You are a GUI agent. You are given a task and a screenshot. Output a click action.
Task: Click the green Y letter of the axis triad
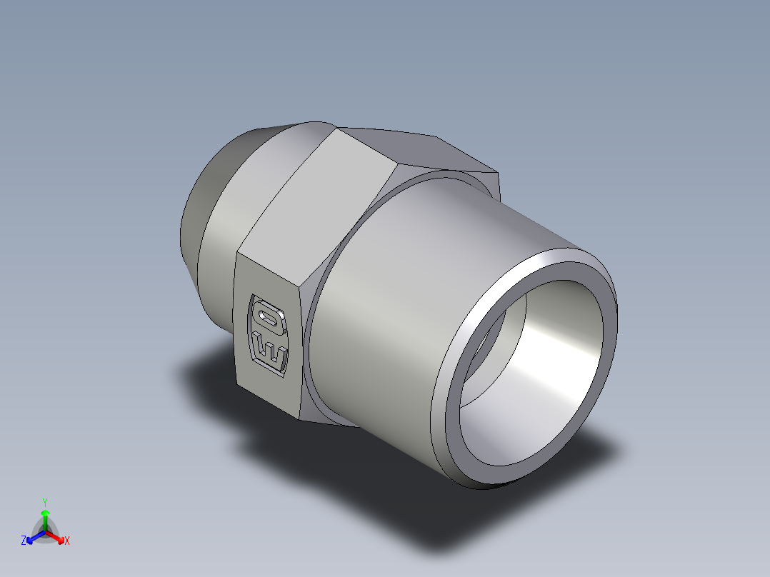coord(44,502)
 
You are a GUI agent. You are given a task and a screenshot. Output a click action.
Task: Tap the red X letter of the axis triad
coord(67,541)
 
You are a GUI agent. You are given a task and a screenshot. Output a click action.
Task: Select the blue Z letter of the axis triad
coord(24,541)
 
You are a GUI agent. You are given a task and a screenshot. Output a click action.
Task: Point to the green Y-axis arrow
coord(45,518)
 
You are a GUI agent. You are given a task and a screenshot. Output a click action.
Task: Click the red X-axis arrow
coord(56,536)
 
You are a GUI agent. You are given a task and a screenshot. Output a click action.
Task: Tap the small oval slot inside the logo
coord(268,316)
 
